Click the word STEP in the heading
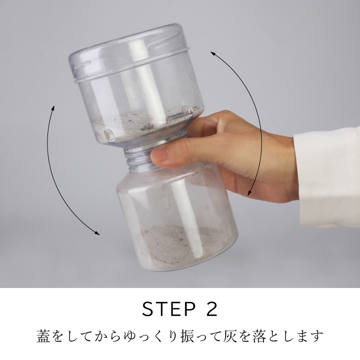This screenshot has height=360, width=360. pos(169,309)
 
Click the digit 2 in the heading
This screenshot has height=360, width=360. pos(210,309)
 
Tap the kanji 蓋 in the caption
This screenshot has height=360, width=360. pos(43,336)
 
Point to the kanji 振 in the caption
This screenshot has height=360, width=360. pos(188,336)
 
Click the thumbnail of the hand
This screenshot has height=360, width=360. pos(161,154)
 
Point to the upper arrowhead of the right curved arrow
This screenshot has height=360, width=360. pos(213,53)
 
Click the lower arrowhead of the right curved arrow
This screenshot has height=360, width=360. pos(249,193)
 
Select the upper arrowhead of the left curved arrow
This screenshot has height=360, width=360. pos(53,108)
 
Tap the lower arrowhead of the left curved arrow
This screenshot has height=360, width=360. pos(97,233)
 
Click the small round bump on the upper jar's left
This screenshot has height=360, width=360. pos(109,134)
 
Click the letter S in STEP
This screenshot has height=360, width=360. pos(148,309)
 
